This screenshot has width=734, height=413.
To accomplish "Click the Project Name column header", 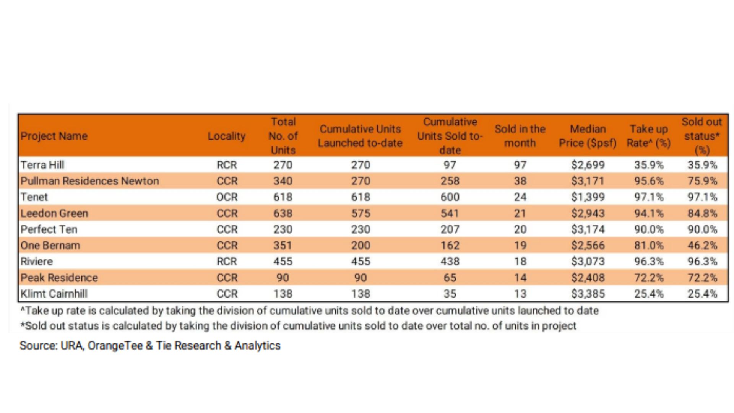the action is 54,136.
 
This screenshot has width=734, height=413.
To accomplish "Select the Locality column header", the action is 227,136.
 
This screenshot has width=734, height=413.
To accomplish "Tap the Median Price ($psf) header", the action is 588,136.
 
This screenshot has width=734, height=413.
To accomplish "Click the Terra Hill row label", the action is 42,165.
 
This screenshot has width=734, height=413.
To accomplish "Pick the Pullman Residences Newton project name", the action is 90,181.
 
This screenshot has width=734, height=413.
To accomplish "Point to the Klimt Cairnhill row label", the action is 54,294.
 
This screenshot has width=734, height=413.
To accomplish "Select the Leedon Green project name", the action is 54,213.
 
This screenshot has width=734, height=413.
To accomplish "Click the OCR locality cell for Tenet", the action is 227,197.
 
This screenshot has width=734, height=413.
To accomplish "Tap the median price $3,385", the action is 588,294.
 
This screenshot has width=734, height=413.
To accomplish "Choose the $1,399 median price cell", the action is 588,197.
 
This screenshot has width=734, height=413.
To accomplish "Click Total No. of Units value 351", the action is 283,245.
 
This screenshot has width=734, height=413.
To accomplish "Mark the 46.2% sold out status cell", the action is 702,245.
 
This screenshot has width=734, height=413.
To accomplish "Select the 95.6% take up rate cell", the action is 649,181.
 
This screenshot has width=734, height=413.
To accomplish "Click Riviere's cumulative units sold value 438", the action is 450,261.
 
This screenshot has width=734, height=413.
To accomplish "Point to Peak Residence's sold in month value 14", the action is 520,278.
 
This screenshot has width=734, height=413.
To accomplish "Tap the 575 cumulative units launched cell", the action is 361,213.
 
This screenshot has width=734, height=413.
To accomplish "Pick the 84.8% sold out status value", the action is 702,213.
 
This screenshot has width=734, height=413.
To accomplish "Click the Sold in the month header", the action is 520,136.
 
